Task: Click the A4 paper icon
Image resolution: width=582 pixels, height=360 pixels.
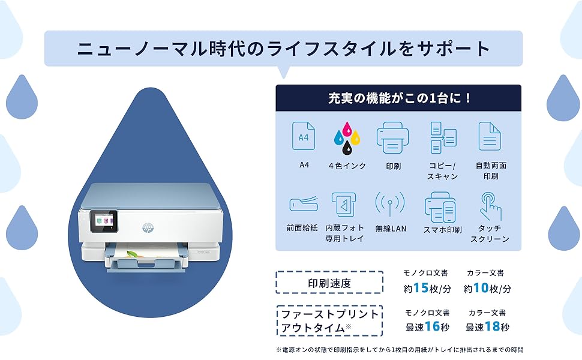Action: tap(303, 137)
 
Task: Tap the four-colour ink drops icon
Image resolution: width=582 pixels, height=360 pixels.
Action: tap(346, 138)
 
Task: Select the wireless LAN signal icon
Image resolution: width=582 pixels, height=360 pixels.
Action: tap(390, 205)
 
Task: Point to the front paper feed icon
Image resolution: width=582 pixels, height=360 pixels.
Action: tap(302, 204)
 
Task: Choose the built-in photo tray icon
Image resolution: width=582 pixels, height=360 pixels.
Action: tap(344, 205)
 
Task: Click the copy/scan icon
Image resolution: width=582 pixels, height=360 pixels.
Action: tap(443, 137)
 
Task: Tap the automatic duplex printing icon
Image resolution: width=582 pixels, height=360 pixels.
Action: tap(490, 137)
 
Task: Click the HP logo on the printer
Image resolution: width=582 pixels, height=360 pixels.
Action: tap(148, 227)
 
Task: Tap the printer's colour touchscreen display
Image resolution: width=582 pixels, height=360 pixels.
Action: tap(100, 221)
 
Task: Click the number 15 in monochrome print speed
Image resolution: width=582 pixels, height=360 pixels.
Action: tap(420, 289)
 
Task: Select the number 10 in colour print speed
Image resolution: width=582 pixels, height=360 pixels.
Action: tap(481, 289)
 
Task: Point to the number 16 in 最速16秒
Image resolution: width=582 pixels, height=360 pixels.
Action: tap(431, 327)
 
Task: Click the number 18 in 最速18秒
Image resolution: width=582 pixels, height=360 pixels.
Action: tap(491, 327)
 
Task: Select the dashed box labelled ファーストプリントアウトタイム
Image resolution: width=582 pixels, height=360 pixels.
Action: tap(329, 321)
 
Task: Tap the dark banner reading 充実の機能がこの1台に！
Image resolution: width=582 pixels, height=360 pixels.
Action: tap(398, 98)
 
